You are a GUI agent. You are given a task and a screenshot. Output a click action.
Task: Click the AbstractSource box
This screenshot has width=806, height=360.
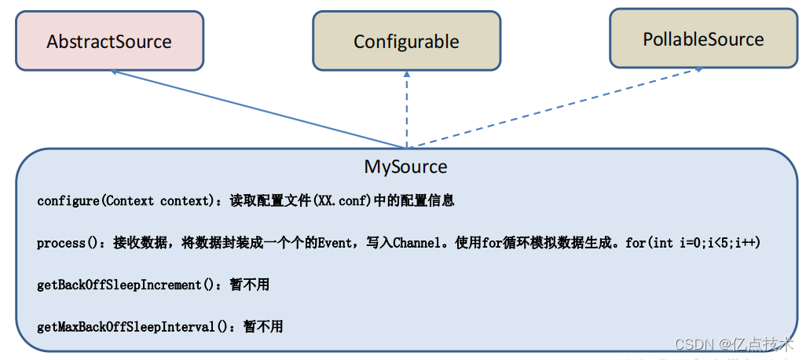(x=109, y=41)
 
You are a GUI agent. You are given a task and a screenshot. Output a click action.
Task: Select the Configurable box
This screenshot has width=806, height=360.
(x=406, y=41)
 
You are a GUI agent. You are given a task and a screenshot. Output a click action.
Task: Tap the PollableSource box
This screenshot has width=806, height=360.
(x=703, y=39)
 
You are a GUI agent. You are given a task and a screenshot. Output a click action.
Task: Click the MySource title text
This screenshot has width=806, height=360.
(x=405, y=167)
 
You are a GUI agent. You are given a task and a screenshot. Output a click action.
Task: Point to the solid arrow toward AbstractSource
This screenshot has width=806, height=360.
(x=259, y=108)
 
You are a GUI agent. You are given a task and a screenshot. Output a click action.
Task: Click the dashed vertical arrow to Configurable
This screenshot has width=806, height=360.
(x=406, y=110)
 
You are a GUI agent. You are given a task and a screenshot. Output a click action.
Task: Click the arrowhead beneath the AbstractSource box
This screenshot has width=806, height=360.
(x=115, y=72)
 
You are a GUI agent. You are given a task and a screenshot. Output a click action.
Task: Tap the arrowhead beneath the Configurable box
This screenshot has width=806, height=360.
(x=406, y=72)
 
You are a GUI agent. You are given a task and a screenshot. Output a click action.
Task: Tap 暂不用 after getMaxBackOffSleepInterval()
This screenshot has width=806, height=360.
(x=263, y=326)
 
